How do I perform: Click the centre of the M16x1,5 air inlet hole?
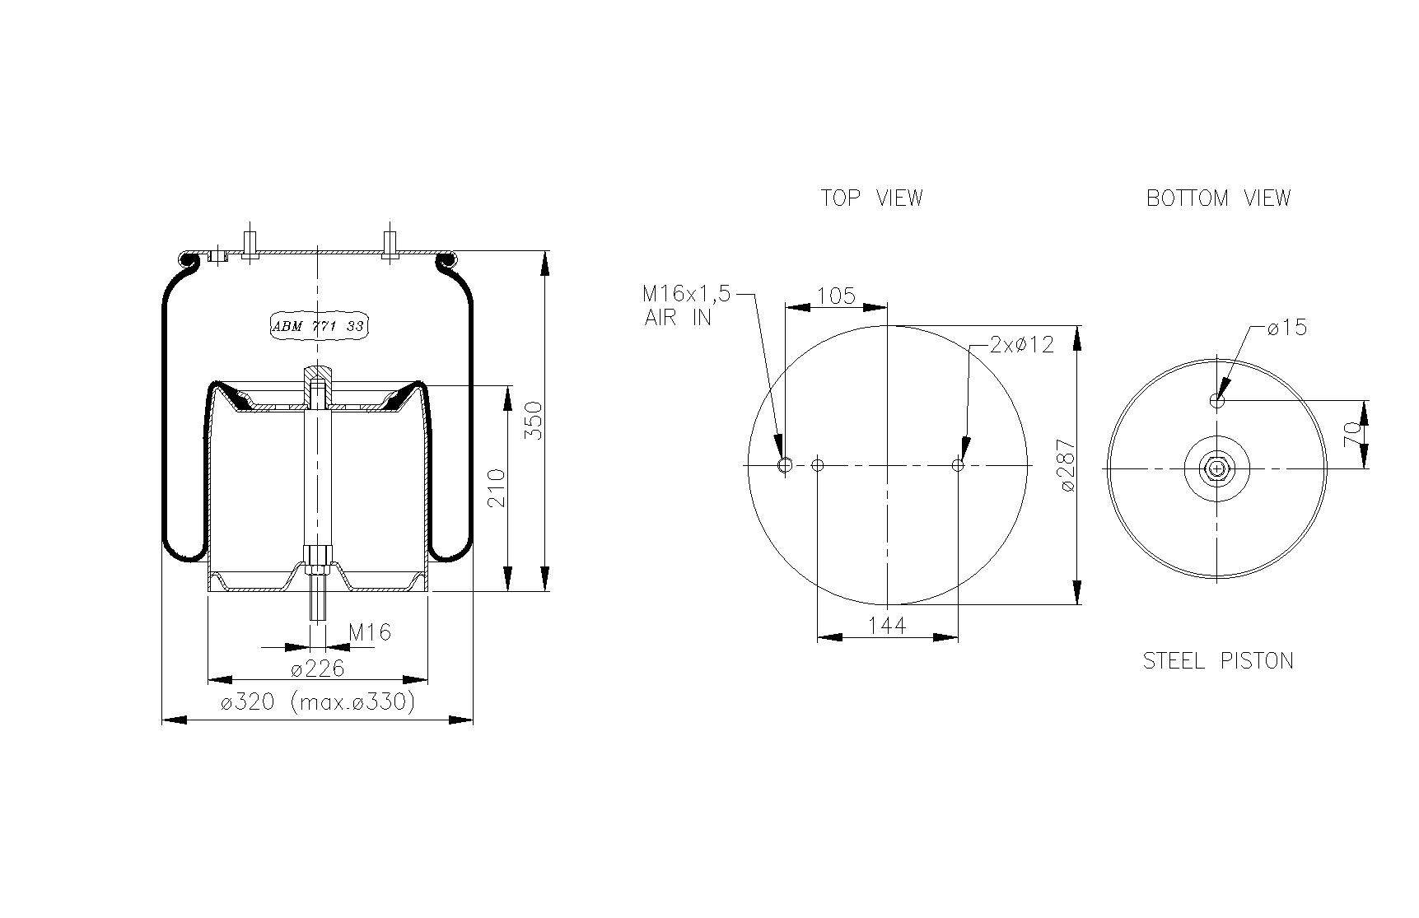(x=785, y=465)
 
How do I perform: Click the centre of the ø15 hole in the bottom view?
(x=1217, y=401)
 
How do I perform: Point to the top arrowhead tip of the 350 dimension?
(x=544, y=252)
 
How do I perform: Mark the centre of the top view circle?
(x=888, y=465)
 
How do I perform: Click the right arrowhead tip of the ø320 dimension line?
(x=474, y=720)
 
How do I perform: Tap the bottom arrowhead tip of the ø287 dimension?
(x=1077, y=604)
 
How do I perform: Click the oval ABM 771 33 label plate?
(x=318, y=326)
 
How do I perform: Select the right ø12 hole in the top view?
(x=958, y=465)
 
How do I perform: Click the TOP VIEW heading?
(x=871, y=198)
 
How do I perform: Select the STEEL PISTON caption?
(x=1218, y=660)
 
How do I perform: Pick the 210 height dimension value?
(x=497, y=488)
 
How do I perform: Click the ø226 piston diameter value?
(x=317, y=668)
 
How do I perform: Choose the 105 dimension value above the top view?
(x=836, y=295)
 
